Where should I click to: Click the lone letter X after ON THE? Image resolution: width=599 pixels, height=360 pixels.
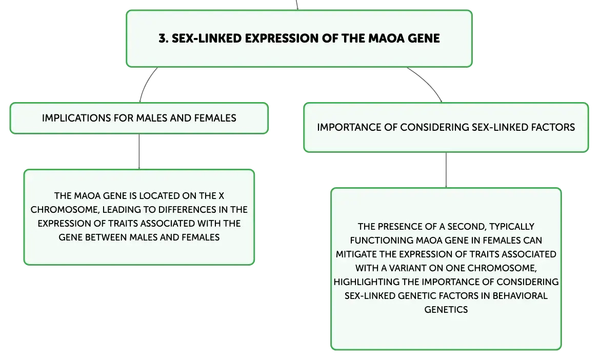[x=221, y=196]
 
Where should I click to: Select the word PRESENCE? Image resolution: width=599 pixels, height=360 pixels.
[x=401, y=227]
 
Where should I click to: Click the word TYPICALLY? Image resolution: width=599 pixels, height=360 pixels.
[x=511, y=227]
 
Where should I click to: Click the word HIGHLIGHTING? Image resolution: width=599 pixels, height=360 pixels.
[x=366, y=282]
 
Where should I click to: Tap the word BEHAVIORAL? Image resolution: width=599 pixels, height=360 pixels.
[x=520, y=296]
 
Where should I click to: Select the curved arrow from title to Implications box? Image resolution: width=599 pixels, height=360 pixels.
[x=146, y=84]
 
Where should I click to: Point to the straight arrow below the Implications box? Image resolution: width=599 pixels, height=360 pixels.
[x=139, y=151]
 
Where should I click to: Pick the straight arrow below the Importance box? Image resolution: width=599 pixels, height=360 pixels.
[x=446, y=170]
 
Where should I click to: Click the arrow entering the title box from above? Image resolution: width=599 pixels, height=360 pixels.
[x=297, y=5]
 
